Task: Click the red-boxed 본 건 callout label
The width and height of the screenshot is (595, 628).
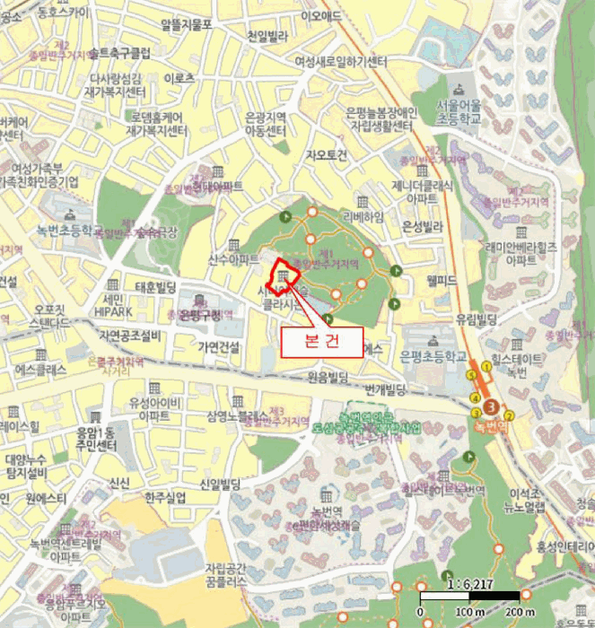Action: point(322,342)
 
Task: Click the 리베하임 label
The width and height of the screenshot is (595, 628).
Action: point(363,217)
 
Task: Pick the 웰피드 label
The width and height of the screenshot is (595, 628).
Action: point(442,281)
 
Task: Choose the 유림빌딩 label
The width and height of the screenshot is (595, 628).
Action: point(477,318)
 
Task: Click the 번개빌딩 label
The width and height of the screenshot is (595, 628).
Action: point(387,389)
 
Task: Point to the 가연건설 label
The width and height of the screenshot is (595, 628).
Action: point(219,347)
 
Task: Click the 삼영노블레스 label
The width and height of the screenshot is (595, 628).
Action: point(237,417)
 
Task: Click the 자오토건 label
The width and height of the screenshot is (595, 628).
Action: point(326,155)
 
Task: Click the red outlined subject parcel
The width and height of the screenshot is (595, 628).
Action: point(285,280)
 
